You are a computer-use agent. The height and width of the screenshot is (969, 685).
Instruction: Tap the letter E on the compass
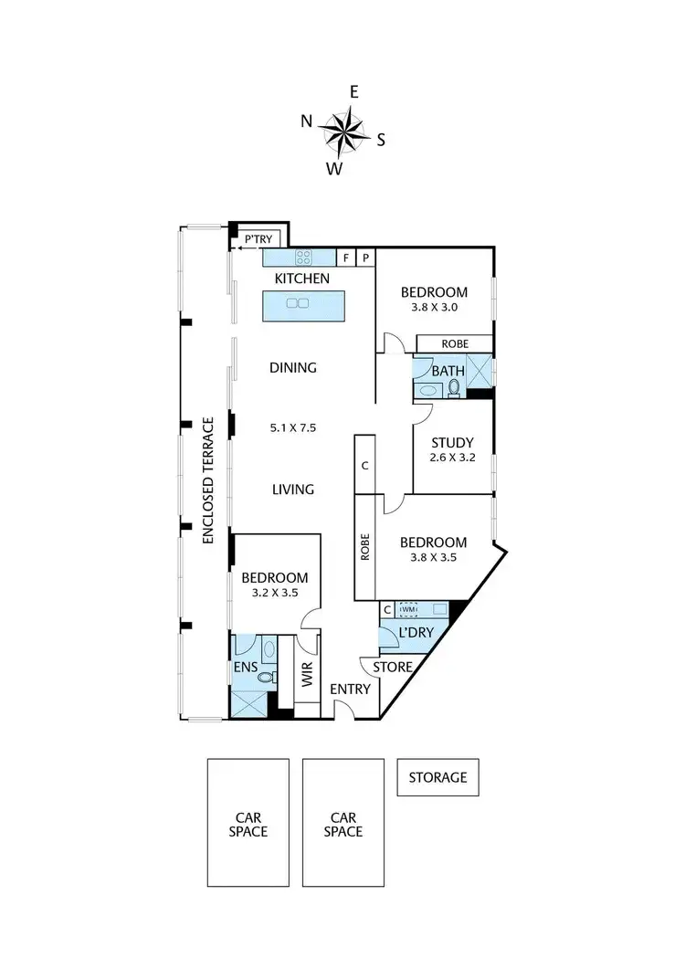(x=354, y=91)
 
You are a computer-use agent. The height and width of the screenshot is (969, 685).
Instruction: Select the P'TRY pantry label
(x=258, y=239)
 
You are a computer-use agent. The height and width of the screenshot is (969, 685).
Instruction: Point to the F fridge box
(x=347, y=258)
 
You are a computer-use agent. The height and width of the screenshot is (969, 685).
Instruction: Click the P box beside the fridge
(x=365, y=258)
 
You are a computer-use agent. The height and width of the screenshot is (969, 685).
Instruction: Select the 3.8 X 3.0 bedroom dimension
(x=434, y=308)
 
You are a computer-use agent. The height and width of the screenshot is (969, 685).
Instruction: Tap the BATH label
(x=448, y=371)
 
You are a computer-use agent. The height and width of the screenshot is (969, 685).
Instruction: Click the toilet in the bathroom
(x=454, y=389)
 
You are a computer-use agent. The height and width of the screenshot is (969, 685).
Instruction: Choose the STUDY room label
(x=452, y=444)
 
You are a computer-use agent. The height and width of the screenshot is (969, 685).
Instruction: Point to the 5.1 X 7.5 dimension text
(x=292, y=427)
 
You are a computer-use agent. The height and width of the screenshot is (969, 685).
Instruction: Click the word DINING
(x=292, y=368)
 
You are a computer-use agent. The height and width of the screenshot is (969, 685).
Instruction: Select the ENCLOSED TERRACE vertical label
(x=208, y=480)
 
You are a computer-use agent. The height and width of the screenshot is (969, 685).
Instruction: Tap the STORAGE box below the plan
(x=437, y=778)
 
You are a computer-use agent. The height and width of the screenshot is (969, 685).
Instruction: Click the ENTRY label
(x=351, y=689)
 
